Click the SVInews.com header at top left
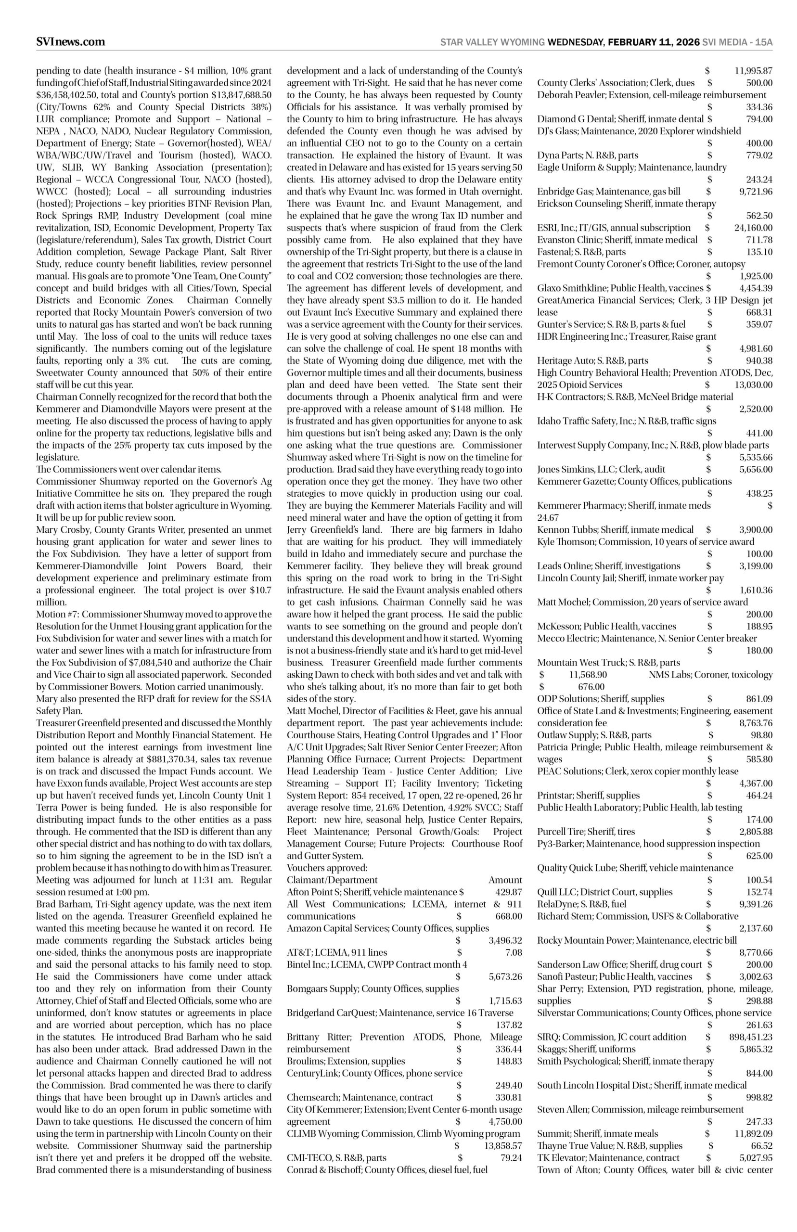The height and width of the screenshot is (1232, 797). (x=70, y=42)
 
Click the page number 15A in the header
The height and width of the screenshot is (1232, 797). (x=763, y=42)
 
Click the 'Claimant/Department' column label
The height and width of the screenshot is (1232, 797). (x=332, y=880)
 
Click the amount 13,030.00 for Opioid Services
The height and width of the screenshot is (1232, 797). (x=753, y=385)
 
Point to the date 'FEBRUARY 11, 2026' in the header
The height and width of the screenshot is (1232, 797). (x=654, y=42)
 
